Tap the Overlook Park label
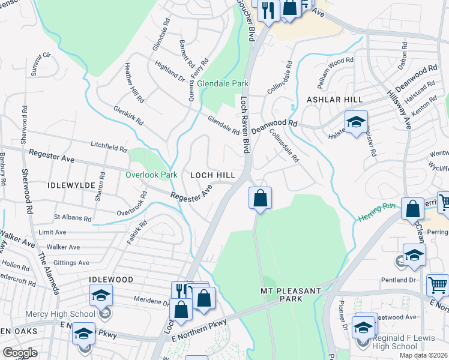click(152, 175)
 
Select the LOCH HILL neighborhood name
click(212, 175)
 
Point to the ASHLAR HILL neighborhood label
click(332, 99)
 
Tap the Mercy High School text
click(60, 313)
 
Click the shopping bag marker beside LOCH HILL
click(260, 198)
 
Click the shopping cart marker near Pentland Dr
click(438, 284)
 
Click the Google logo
click(20, 352)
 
